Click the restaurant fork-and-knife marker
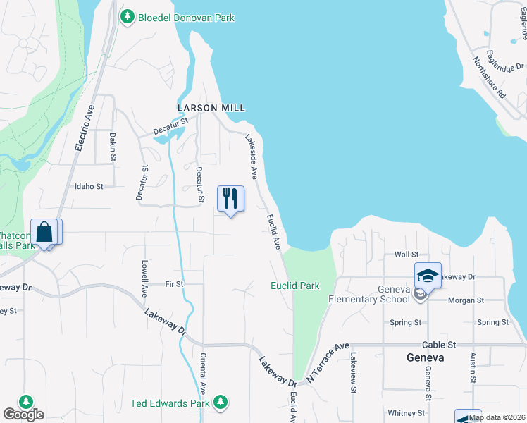pos(230,199)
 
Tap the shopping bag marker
pos(46,232)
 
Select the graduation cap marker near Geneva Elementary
pos(428,276)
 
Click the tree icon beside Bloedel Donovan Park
pos(127,18)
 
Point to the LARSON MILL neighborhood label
pos(211,108)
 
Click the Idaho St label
pos(89,187)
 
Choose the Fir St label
pos(174,284)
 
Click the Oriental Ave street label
pos(203,373)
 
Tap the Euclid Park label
pos(295,286)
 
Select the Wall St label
pos(407,255)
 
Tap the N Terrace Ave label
pos(328,363)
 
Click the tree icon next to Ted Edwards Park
pos(221,402)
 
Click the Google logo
pos(23,414)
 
